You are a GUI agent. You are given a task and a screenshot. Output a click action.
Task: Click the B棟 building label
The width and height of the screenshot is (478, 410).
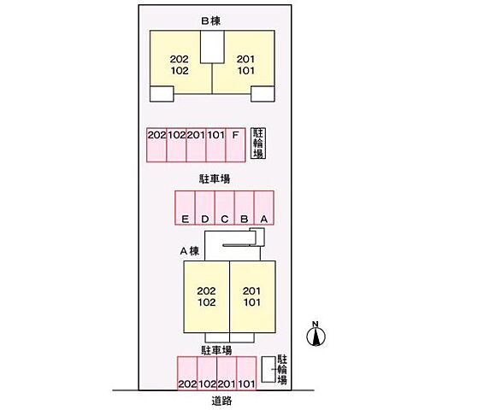point(210,20)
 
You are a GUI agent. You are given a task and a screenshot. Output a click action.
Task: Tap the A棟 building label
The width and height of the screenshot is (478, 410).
point(189,251)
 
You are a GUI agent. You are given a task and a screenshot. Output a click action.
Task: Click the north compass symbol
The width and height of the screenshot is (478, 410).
point(316,334)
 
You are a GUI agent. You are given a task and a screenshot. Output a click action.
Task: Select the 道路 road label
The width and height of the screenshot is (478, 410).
point(221,401)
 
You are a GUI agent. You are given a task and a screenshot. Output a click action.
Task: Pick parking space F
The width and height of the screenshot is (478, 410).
point(235,145)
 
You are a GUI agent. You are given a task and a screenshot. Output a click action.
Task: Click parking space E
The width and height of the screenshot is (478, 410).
point(185,208)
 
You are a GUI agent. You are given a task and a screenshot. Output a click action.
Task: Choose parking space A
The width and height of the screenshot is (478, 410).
point(264,208)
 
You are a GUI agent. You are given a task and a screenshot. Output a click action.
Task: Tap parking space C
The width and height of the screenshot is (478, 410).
point(224,208)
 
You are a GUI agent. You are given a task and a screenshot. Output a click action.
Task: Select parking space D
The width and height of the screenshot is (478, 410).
point(204,208)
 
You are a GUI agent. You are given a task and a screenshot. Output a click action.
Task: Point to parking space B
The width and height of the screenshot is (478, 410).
point(245,208)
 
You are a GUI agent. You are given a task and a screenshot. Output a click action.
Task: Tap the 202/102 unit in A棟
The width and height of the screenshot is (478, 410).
point(207,296)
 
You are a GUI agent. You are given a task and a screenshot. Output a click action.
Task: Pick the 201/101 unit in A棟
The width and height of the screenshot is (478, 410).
point(253,296)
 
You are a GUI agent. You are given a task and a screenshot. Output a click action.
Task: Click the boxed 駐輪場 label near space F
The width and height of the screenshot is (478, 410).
point(258,143)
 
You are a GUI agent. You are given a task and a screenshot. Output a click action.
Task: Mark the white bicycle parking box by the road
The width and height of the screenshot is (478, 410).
point(269,370)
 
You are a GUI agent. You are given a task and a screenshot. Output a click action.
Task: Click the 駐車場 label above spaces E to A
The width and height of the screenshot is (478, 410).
point(215,179)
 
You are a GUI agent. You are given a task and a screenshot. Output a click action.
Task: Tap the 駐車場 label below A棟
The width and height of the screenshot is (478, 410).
point(216,350)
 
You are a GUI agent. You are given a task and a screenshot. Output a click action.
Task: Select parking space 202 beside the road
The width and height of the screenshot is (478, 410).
point(187,373)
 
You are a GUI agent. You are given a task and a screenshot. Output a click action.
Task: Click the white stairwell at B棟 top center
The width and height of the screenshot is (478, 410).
point(212,47)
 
